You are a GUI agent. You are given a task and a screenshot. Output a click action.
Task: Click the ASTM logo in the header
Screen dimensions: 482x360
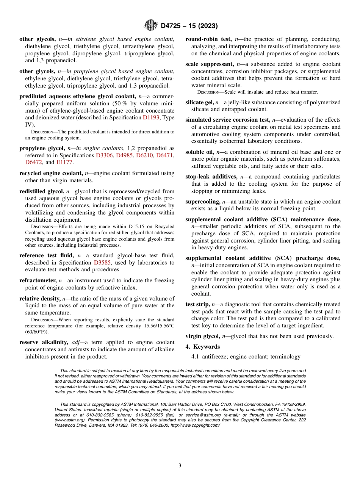click(x=150, y=26)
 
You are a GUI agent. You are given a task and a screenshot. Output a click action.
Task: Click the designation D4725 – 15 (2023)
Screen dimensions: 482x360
click(x=189, y=26)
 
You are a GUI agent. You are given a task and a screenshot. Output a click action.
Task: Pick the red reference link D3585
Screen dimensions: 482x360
click(x=102, y=263)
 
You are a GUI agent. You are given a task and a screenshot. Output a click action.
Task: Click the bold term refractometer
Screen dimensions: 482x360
click(x=38, y=280)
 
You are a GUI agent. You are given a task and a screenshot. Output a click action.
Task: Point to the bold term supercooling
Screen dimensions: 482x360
click(x=203, y=202)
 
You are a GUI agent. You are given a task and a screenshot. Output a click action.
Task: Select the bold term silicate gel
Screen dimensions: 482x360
click(x=199, y=102)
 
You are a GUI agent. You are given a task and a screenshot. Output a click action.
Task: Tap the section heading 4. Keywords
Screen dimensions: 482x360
click(x=202, y=347)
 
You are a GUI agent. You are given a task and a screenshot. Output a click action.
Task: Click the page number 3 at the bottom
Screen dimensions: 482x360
click(x=180, y=465)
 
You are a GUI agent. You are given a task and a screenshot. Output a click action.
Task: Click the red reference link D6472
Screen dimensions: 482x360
click(x=35, y=162)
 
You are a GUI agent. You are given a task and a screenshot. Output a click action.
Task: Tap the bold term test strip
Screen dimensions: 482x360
click(x=197, y=304)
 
